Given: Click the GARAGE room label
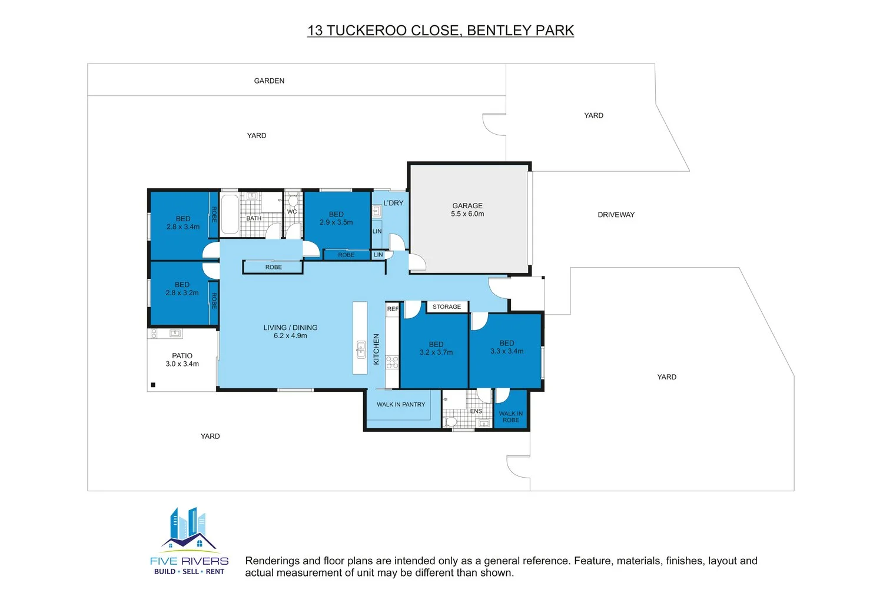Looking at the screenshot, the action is coord(467,205).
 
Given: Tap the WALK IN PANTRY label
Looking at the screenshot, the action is coord(401,405).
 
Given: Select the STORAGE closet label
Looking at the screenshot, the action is coord(447,307).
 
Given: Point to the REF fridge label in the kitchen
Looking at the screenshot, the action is coord(393,309).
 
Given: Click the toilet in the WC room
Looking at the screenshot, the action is coord(293,201).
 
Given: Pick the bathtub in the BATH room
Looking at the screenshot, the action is coord(230,215).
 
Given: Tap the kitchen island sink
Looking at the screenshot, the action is coord(361,349).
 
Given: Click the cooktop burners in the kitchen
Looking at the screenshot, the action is coord(392,362).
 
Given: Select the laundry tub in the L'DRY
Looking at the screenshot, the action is coord(377,211).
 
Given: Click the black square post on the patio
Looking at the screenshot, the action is coord(153,385).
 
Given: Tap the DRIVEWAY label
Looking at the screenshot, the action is coord(616,215).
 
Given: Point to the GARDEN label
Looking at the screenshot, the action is coord(269,81).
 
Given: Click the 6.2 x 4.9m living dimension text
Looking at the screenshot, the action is coord(291,335).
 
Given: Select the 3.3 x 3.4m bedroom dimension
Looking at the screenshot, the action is coord(507,351).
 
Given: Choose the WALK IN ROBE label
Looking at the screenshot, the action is coord(511,417).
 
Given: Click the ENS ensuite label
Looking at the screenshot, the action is coord(476,411).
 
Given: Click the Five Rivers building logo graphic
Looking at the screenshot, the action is coord(188,528).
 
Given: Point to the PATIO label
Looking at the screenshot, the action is coord(182,356).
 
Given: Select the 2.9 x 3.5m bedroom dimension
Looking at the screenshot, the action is coord(336,222).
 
